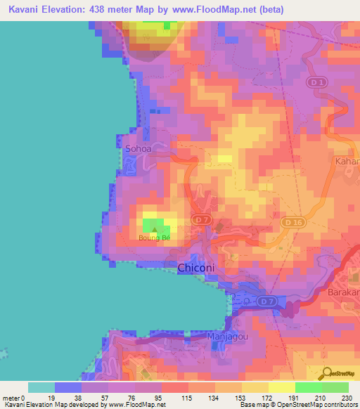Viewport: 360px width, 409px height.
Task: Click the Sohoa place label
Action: pyautogui.click(x=137, y=149)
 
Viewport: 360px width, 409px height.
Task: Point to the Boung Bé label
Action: pyautogui.click(x=154, y=238)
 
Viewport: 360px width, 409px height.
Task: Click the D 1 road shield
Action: pyautogui.click(x=317, y=84)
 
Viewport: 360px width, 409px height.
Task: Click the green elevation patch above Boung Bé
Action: pyautogui.click(x=153, y=226)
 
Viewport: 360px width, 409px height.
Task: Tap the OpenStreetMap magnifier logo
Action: pyautogui.click(x=327, y=373)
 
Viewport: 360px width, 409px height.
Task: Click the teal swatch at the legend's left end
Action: pyautogui.click(x=41, y=387)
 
